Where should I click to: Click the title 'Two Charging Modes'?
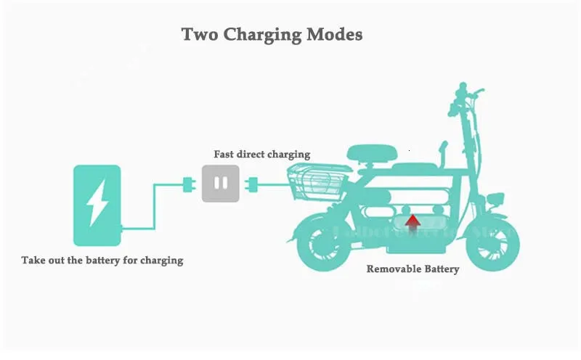click(271, 34)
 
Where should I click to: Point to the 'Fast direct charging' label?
click(261, 154)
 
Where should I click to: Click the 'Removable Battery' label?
click(413, 269)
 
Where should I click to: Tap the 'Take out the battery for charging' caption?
click(102, 259)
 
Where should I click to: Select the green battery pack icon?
click(97, 205)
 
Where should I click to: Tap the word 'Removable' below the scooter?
click(394, 269)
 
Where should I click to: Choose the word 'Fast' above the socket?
click(224, 154)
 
